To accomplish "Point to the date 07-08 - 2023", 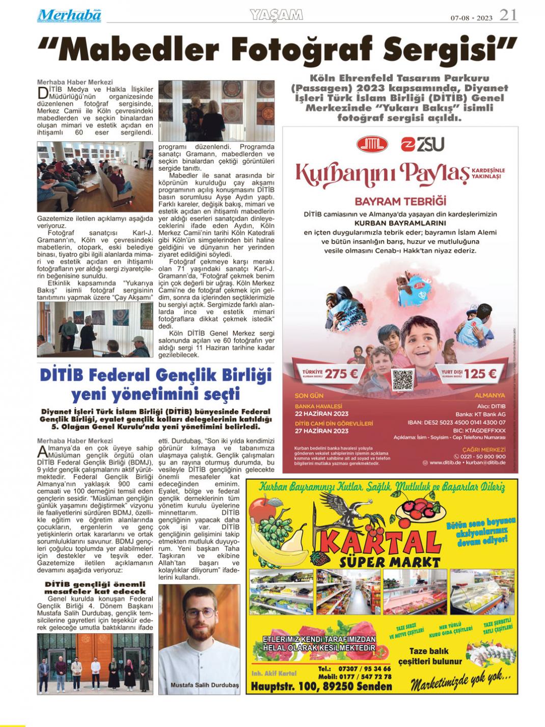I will pyautogui.click(x=471, y=18).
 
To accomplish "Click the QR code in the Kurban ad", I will pyautogui.click(x=402, y=380).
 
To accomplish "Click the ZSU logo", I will pyautogui.click(x=422, y=145).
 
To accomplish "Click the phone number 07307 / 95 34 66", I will pyautogui.click(x=362, y=669).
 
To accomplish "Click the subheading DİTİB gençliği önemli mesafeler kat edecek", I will pyautogui.click(x=95, y=587).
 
